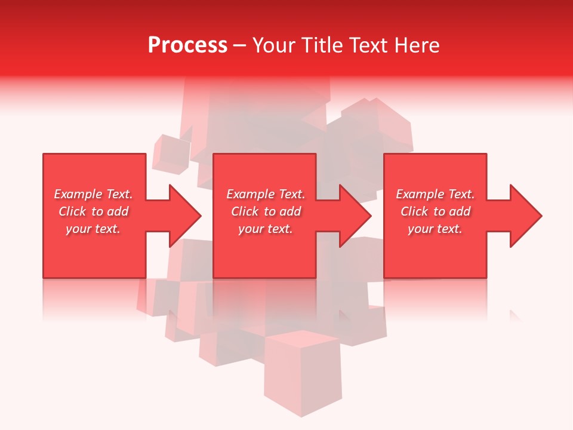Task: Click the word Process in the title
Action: (x=187, y=45)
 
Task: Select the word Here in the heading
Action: (x=416, y=45)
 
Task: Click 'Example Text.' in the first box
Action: (x=93, y=194)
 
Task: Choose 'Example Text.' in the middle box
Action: (x=266, y=194)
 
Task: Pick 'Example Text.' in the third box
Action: (x=435, y=194)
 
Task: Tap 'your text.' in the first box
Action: (x=93, y=229)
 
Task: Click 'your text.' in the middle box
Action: (x=266, y=229)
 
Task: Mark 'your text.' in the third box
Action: (x=435, y=229)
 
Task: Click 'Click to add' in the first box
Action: (x=93, y=211)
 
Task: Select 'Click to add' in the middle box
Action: (x=266, y=211)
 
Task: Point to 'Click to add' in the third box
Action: (x=435, y=211)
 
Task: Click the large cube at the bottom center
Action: (x=303, y=373)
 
